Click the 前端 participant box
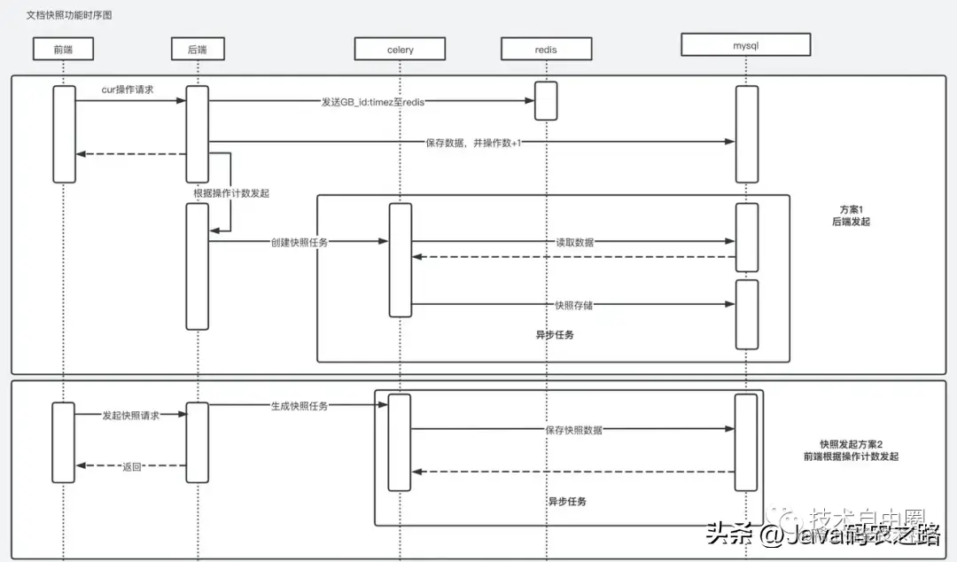pyautogui.click(x=63, y=49)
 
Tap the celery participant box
pyautogui.click(x=399, y=49)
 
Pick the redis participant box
pyautogui.click(x=546, y=49)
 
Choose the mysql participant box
pyautogui.click(x=746, y=43)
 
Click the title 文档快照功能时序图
pyautogui.click(x=69, y=16)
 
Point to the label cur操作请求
pyautogui.click(x=128, y=90)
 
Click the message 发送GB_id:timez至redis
pyautogui.click(x=372, y=102)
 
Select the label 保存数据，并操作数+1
pyautogui.click(x=472, y=142)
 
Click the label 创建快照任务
pyautogui.click(x=300, y=242)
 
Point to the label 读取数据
pyautogui.click(x=574, y=242)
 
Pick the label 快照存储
pyautogui.click(x=573, y=305)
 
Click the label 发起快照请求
pyautogui.click(x=130, y=415)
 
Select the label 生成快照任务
pyautogui.click(x=299, y=406)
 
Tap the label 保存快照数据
pyautogui.click(x=573, y=430)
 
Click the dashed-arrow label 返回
pyautogui.click(x=131, y=466)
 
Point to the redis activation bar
pyautogui.click(x=546, y=100)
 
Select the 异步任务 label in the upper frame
pyautogui.click(x=555, y=336)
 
